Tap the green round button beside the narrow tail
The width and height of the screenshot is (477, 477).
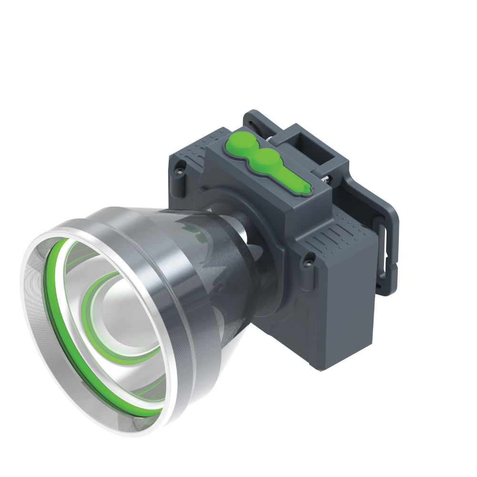pos(266,159)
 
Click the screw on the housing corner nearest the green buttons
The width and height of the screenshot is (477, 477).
pos(181,166)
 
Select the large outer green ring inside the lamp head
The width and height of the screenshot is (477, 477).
pos(52,305)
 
